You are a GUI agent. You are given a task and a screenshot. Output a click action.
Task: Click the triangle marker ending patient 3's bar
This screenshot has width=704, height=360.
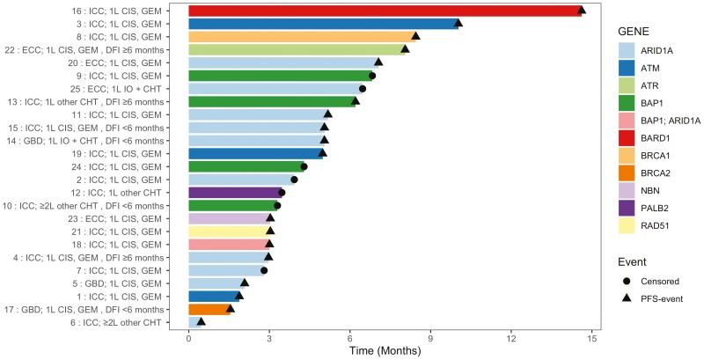point(458,23)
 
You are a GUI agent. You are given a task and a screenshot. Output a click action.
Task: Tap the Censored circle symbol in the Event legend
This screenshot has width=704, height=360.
point(627,281)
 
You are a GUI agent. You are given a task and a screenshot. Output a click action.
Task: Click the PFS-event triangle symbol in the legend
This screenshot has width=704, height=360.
point(627,299)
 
